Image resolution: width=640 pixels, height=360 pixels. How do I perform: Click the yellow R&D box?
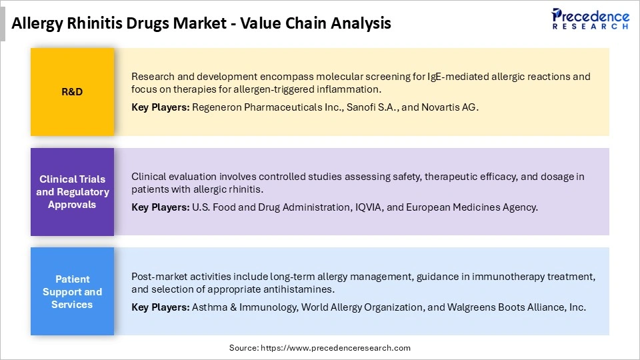[x=72, y=92]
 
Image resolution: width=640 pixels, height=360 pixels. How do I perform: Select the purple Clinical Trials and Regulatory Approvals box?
[x=72, y=192]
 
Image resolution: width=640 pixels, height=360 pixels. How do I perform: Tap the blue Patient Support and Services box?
[x=72, y=292]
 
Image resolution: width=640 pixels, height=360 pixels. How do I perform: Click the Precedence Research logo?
[x=589, y=19]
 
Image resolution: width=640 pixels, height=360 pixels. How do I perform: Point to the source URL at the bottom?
[x=320, y=348]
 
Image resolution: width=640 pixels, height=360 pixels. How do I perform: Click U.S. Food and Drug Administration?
[x=271, y=207]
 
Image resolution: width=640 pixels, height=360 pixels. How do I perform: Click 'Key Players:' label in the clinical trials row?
[x=160, y=207]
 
